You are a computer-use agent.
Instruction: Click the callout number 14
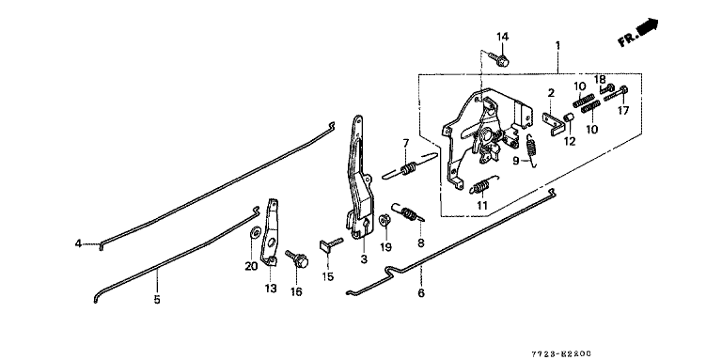(x=502, y=38)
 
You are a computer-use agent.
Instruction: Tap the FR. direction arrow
(x=638, y=32)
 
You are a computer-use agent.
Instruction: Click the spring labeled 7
(x=408, y=165)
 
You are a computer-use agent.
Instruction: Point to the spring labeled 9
(x=531, y=149)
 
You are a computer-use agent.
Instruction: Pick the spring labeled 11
(x=483, y=185)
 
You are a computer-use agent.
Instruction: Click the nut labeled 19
(x=385, y=220)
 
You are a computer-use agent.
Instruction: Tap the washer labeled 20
(x=254, y=232)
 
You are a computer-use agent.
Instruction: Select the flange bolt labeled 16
(x=297, y=258)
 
